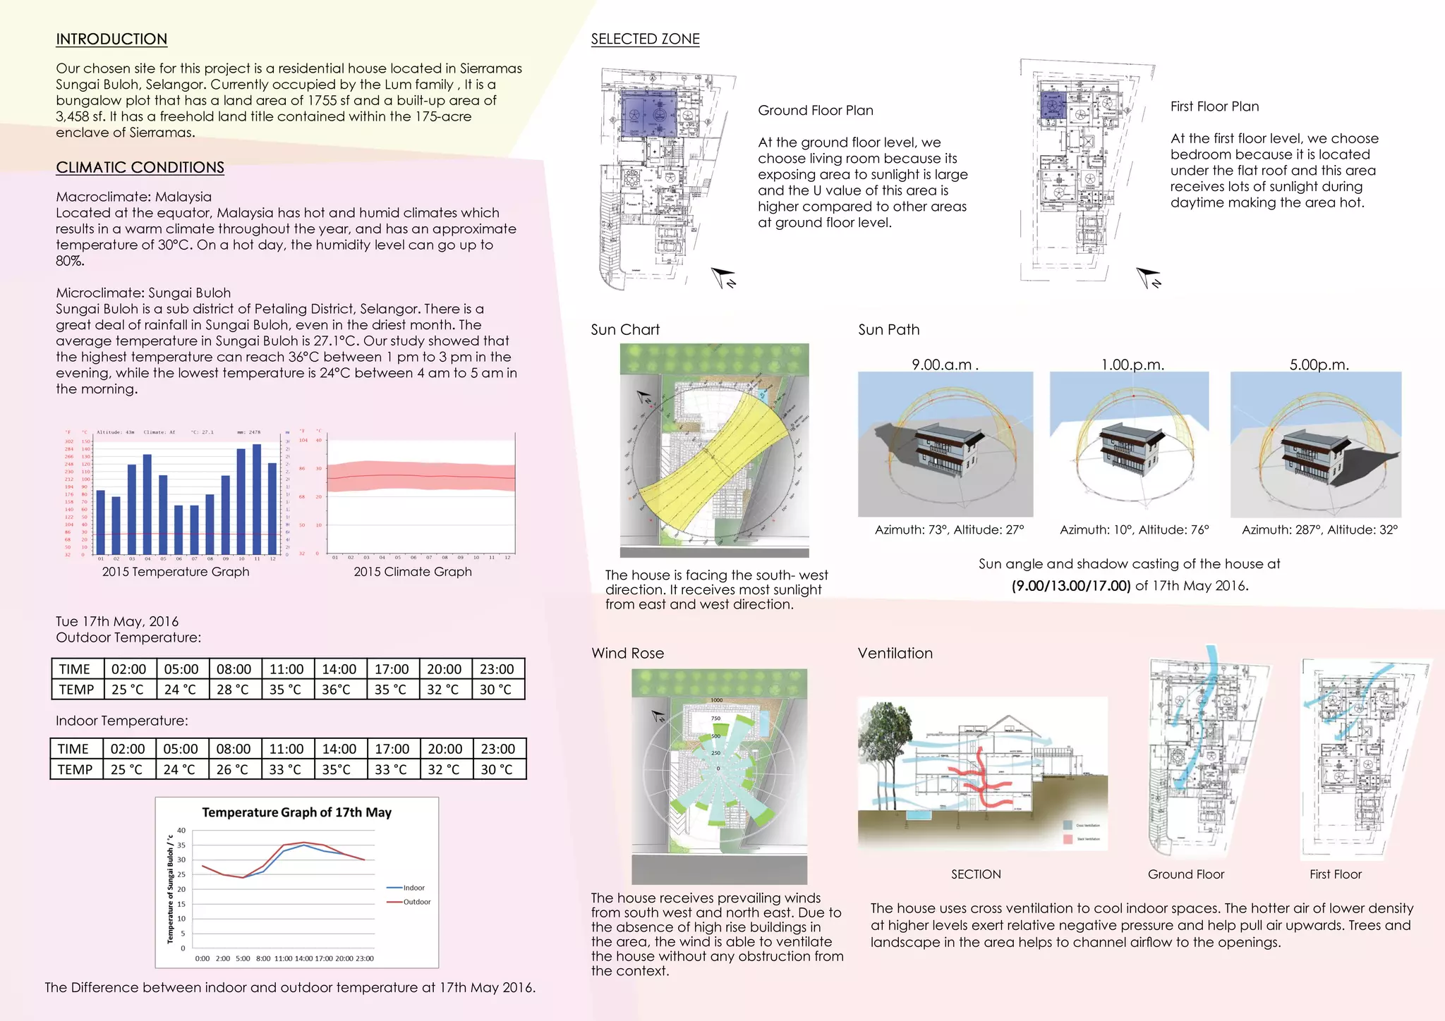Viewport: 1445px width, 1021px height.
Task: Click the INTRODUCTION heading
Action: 111,39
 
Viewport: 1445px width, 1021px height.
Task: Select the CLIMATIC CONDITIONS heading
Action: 140,168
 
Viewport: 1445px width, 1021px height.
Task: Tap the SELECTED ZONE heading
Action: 645,39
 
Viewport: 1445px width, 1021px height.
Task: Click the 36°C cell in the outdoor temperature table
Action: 337,690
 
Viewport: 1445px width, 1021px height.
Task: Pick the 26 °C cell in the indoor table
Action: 232,769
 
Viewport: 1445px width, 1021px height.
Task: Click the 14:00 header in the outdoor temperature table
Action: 339,669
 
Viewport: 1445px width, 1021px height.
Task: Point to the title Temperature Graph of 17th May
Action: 296,812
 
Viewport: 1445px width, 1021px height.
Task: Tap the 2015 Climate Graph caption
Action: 413,572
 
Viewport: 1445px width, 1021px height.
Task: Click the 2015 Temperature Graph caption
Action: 176,572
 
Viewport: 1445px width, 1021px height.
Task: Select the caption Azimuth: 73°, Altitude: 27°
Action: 949,530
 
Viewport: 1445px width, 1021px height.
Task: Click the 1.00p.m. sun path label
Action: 1132,365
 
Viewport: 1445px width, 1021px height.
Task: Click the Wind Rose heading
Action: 627,654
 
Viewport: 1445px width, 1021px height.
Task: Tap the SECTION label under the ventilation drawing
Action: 976,874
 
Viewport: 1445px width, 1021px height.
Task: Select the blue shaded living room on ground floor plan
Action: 647,114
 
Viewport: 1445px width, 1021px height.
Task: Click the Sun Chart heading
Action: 625,330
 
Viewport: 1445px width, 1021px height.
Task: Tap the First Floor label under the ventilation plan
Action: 1336,874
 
